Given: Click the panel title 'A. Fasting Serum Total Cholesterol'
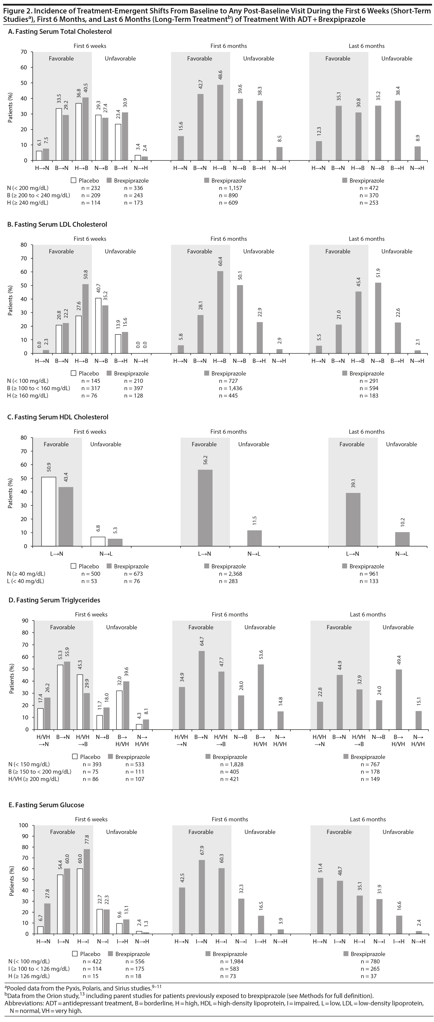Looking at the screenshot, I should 60,31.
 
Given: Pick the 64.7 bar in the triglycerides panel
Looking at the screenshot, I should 201,690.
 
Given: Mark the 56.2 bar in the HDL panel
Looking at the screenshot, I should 205,508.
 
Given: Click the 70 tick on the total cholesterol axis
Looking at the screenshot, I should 24,52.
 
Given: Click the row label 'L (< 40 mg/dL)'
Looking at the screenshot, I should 25,581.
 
